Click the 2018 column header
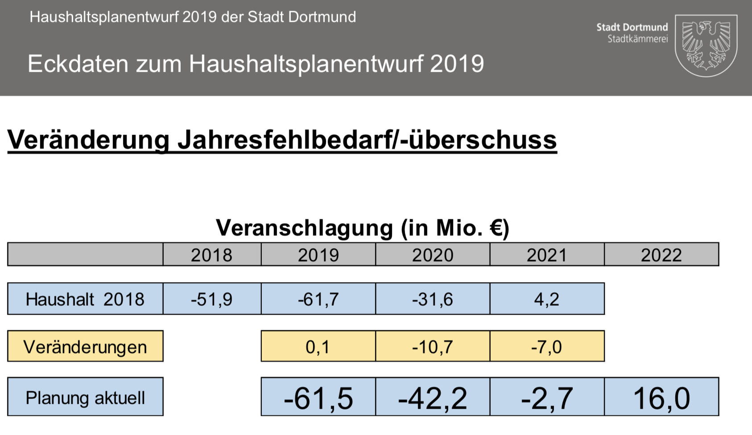point(212,255)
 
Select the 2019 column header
point(318,255)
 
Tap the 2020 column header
point(433,255)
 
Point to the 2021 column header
point(547,255)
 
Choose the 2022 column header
point(661,255)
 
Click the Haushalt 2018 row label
point(85,299)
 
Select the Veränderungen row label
point(85,346)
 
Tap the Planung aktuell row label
point(85,397)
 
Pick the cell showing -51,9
point(212,299)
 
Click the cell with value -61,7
point(318,299)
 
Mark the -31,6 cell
point(433,299)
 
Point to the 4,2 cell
point(547,299)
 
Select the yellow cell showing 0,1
point(318,346)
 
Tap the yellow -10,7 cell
point(433,346)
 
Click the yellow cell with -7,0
point(547,346)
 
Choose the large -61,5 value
point(318,398)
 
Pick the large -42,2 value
point(433,398)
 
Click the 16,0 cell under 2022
point(661,398)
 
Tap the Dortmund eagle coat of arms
point(706,45)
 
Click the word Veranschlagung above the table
point(304,228)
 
